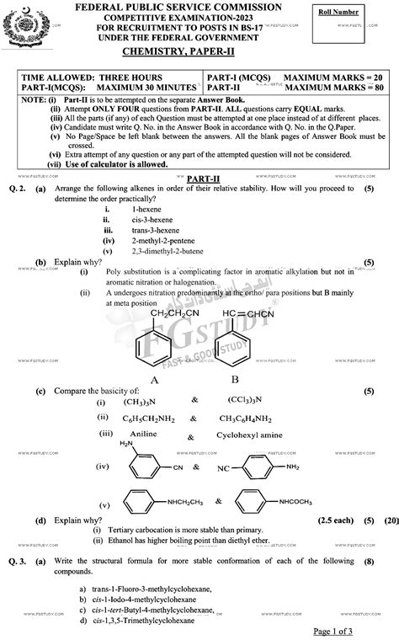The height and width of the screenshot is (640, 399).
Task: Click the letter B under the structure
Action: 235,379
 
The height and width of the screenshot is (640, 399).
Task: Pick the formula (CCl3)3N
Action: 251,400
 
